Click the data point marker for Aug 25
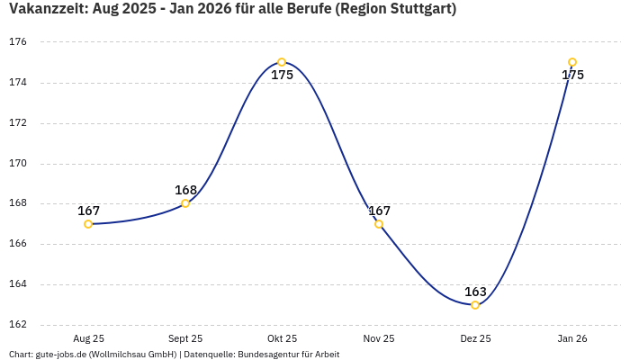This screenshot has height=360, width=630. tap(88, 224)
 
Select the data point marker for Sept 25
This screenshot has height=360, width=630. tap(185, 203)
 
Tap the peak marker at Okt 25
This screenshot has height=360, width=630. tap(282, 62)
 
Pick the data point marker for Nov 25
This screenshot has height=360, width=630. tap(379, 224)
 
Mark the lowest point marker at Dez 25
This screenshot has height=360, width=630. tap(475, 305)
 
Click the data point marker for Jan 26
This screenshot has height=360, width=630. tap(572, 62)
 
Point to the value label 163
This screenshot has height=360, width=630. tap(475, 292)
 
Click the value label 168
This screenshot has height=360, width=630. tap(185, 190)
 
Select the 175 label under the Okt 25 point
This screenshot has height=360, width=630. tap(282, 76)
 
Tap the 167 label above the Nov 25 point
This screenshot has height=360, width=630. tap(379, 211)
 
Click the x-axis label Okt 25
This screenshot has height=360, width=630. tap(282, 338)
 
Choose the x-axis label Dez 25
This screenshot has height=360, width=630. tap(475, 338)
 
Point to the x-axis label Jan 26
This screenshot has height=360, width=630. tap(572, 338)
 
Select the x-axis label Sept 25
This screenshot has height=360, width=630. tap(185, 338)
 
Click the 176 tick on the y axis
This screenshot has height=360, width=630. tap(19, 42)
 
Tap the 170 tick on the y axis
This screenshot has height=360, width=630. tap(19, 164)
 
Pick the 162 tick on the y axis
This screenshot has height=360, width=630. tap(19, 325)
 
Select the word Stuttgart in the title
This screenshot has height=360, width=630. tap(416, 10)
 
